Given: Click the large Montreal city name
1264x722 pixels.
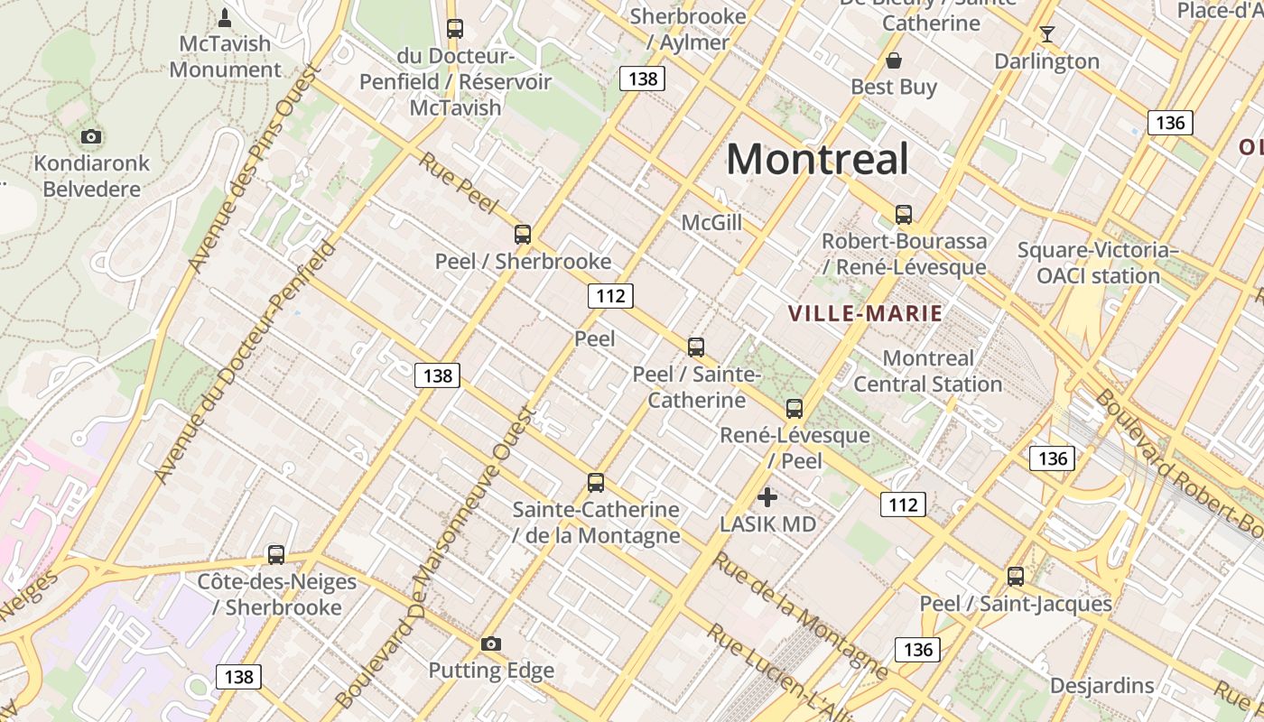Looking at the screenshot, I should point(817,160).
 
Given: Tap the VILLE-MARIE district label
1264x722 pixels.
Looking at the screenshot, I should point(865,314).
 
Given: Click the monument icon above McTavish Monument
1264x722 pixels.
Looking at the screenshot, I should point(225,17).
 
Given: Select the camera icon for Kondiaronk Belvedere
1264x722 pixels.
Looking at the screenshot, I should point(90,137).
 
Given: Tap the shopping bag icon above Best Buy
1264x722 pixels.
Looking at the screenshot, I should point(894,60).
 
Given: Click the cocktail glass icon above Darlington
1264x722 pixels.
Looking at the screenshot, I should point(1047,34).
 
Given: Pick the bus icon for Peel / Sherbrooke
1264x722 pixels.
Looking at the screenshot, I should point(523,235).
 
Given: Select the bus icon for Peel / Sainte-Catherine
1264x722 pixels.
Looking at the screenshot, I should point(696,347).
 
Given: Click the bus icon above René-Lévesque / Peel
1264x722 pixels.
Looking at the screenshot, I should point(795,408).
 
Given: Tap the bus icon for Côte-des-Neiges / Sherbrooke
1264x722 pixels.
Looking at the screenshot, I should point(276,554).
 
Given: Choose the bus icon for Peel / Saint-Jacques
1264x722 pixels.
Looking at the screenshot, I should point(1016,576).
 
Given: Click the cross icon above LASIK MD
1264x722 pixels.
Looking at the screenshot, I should point(767,496).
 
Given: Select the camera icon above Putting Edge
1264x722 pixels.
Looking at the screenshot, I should point(491,643).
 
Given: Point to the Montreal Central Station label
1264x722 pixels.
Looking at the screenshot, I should point(928,371).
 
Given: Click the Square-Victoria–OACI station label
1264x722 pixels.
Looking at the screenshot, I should point(1098,263).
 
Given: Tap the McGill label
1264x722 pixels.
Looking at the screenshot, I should point(711,222).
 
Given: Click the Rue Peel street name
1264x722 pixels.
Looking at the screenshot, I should point(458,183).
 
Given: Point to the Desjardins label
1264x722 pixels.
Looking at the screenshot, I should point(1101,685).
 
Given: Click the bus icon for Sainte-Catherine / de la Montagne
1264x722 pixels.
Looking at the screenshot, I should point(596,483).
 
